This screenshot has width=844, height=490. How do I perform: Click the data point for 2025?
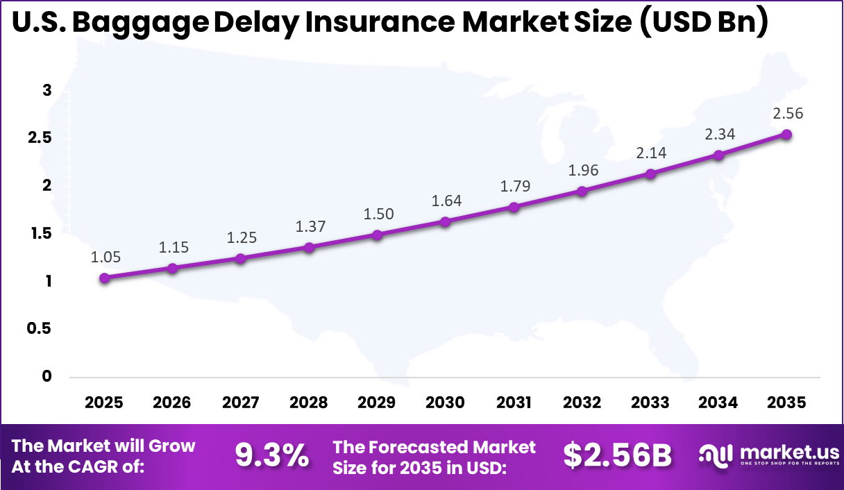[105, 278]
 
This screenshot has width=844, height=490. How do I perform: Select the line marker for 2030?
[446, 221]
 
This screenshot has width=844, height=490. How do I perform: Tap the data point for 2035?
[787, 135]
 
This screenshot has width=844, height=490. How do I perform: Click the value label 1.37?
[310, 226]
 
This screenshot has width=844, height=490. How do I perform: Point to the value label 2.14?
[650, 153]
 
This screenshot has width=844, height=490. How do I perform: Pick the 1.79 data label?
[514, 186]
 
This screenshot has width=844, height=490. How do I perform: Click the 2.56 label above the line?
[787, 114]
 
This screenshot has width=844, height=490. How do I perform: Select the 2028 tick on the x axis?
[309, 403]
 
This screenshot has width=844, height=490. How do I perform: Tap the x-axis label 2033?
[650, 403]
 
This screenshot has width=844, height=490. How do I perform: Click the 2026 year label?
[172, 403]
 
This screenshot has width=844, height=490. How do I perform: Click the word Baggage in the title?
[139, 23]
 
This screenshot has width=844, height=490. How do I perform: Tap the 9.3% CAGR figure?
[272, 456]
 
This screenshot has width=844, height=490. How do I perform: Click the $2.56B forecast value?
[617, 456]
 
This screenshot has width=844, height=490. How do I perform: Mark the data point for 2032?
[582, 191]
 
